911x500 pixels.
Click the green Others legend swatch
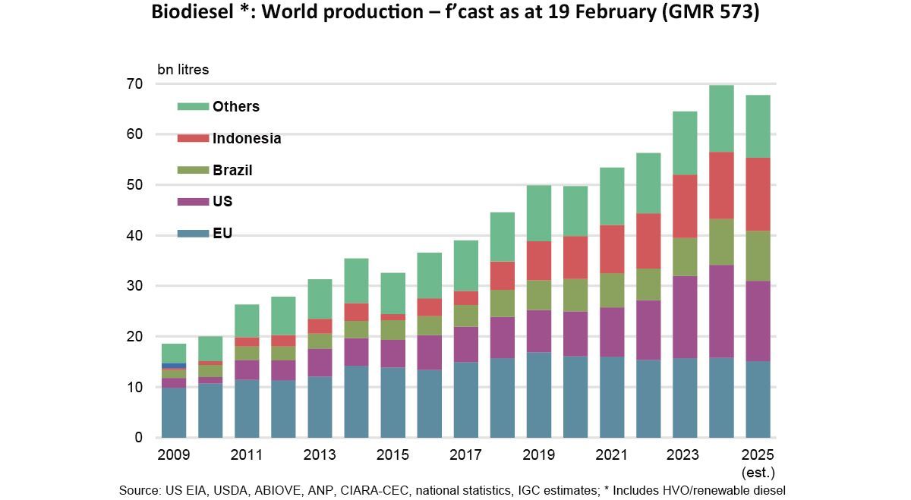click(x=192, y=107)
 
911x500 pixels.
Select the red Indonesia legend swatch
click(x=192, y=139)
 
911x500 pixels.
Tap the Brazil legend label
click(x=232, y=171)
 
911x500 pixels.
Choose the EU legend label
click(x=222, y=234)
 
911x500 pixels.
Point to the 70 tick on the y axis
click(x=134, y=84)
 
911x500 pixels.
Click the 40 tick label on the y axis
click(x=134, y=236)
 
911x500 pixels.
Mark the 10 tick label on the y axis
click(x=134, y=388)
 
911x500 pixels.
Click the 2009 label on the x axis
click(x=173, y=455)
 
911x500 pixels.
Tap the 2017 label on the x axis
click(x=465, y=455)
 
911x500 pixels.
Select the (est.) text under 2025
click(x=758, y=472)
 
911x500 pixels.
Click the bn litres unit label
click(x=183, y=70)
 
